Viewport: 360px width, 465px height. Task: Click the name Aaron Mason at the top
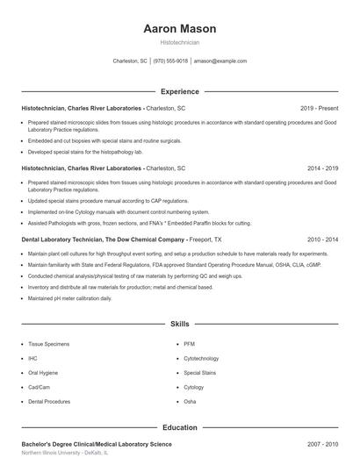[179, 29]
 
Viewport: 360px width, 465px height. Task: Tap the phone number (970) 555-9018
[170, 61]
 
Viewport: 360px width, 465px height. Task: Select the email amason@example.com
[220, 61]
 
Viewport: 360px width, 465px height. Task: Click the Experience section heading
[179, 91]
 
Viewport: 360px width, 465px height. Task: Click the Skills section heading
[179, 324]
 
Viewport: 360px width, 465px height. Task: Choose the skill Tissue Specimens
[48, 344]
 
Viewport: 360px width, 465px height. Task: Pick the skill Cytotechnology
[201, 358]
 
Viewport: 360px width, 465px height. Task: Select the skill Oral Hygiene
[43, 372]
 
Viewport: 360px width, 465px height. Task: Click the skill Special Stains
[199, 372]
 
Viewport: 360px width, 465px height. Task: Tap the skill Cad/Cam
[39, 386]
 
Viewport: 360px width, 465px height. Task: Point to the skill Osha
[190, 401]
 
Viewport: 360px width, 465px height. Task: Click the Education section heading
[179, 427]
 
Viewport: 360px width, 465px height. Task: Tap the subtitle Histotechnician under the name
[179, 41]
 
